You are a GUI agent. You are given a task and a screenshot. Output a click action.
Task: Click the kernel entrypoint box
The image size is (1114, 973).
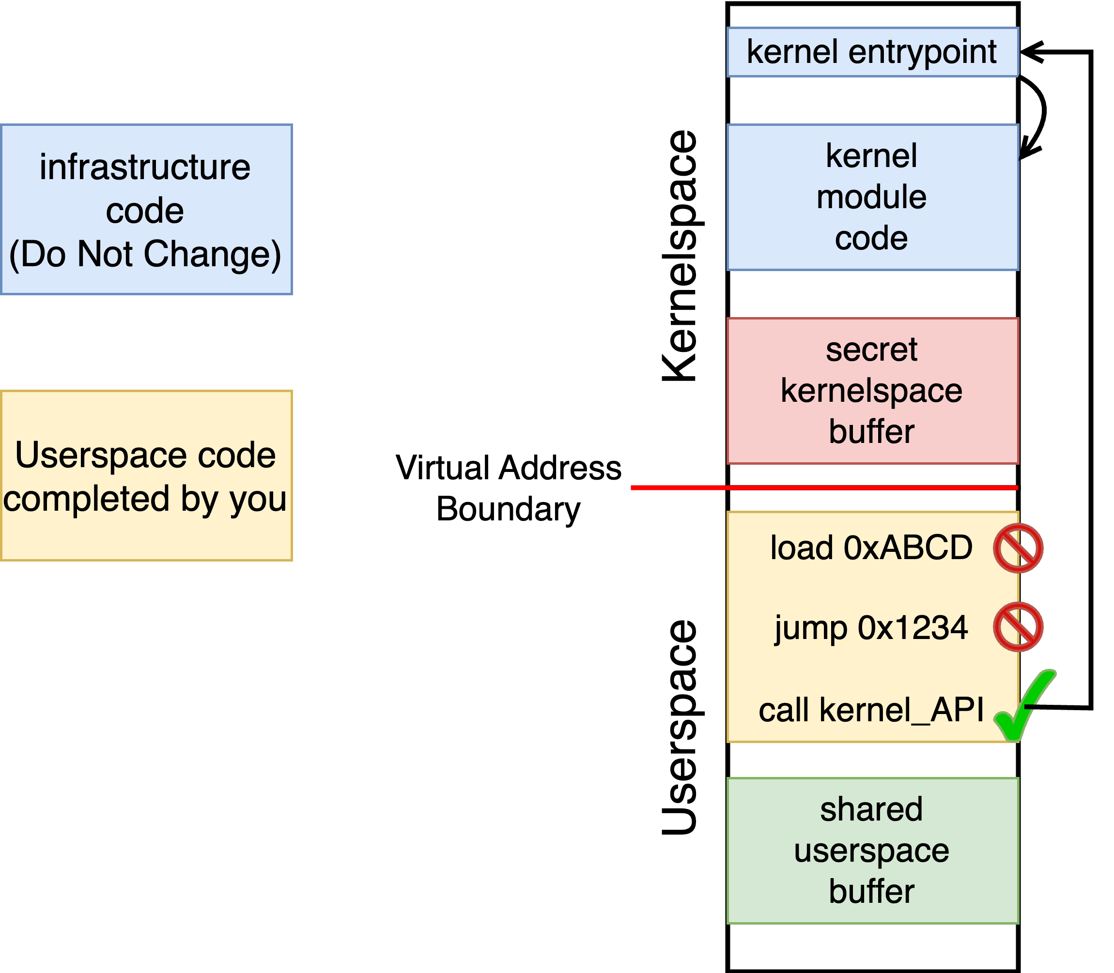pos(872,52)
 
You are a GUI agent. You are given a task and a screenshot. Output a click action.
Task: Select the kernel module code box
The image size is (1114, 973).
pos(872,197)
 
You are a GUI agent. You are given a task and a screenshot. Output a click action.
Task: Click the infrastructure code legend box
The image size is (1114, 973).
pos(146,209)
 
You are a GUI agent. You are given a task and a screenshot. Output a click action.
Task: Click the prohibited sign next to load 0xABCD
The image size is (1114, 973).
pos(1018,548)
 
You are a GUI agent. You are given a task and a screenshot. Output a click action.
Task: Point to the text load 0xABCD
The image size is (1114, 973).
pos(871,547)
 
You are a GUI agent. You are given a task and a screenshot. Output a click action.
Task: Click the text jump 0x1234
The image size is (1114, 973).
pos(871,627)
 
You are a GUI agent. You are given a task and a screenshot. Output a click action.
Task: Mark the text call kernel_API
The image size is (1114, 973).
pos(871,709)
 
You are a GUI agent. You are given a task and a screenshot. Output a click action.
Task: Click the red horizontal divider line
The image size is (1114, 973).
pos(823,487)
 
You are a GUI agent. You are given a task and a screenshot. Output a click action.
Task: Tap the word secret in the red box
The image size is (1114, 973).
pos(871,350)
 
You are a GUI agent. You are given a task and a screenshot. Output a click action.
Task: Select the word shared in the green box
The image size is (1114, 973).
pos(871,809)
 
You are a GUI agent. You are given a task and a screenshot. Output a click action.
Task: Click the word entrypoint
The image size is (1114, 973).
pos(922,53)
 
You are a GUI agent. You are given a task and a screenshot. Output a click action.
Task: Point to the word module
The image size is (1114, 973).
pos(871,197)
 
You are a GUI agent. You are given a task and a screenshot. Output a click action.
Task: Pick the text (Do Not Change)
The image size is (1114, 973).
pos(145,254)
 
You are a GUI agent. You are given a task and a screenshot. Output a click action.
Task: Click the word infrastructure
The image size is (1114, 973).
pos(145,167)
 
